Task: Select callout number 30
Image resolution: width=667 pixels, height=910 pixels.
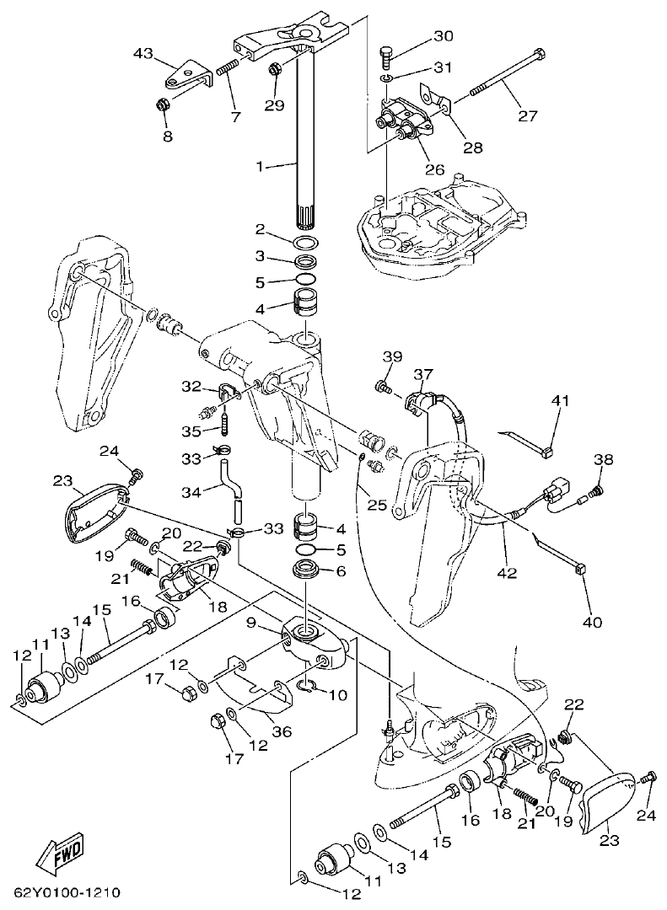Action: [443, 36]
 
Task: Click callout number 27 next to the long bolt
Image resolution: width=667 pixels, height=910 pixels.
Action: [527, 116]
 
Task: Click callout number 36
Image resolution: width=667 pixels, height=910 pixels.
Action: [282, 731]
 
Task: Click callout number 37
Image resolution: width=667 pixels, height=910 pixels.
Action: [422, 373]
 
